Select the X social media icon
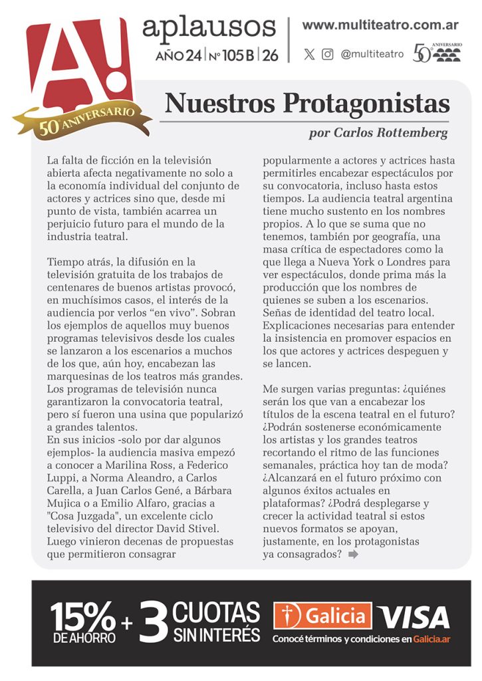click(x=309, y=55)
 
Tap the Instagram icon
click(x=327, y=55)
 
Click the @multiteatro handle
click(x=372, y=55)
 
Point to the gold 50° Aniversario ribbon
click(x=80, y=120)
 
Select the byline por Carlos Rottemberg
click(x=378, y=133)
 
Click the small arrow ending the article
click(x=353, y=555)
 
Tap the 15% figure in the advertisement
click(x=83, y=617)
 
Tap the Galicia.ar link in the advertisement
click(x=431, y=639)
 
